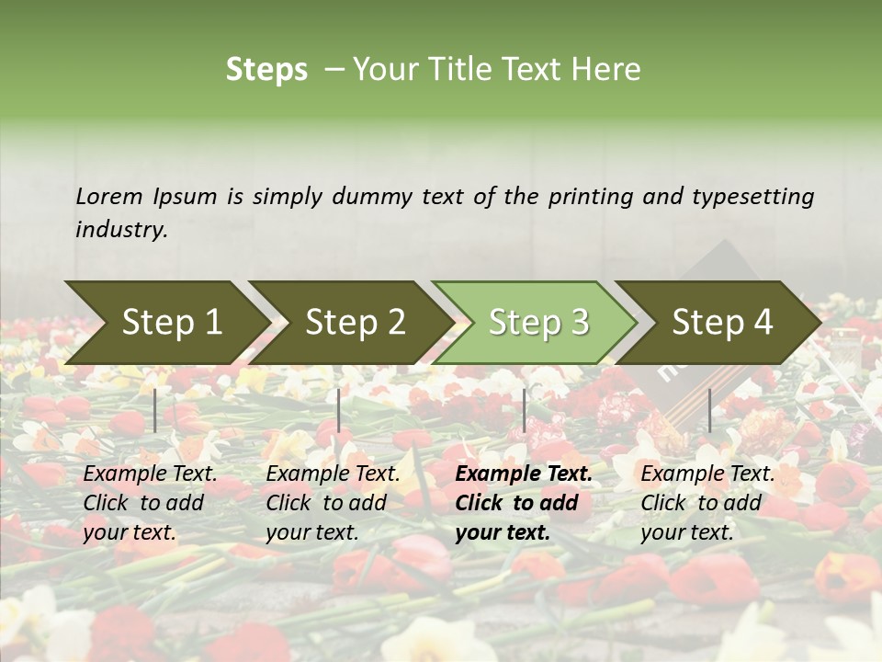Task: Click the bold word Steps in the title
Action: click(266, 70)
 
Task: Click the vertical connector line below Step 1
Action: click(155, 410)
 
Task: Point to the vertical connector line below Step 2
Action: click(339, 410)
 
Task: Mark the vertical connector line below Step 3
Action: click(524, 410)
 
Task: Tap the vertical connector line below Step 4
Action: click(709, 410)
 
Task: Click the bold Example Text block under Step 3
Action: click(522, 503)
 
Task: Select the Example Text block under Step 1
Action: click(150, 503)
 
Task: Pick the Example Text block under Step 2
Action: click(333, 503)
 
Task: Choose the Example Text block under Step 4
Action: click(707, 503)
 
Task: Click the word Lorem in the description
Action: click(109, 197)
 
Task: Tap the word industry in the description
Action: click(121, 230)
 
